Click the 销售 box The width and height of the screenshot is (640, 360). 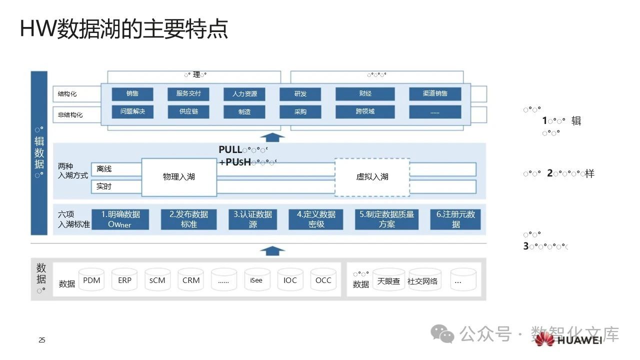pos(132,94)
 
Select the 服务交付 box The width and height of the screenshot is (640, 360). pos(188,94)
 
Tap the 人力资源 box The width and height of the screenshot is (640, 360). pos(244,94)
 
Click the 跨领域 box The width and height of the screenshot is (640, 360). pos(365,112)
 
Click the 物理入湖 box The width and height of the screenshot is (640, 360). pos(179,177)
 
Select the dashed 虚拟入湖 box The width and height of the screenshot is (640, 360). pos(372,177)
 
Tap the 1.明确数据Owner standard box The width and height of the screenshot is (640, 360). pos(120,219)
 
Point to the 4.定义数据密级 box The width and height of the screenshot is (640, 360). pos(316,219)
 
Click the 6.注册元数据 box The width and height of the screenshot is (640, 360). pos(455,219)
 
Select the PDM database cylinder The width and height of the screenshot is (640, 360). pos(92,280)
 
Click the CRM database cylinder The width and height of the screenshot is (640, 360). pos(191,280)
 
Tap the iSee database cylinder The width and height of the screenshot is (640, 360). pos(257,280)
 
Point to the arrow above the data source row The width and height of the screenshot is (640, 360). pos(272,250)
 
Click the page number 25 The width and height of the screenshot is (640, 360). pos(42,340)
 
